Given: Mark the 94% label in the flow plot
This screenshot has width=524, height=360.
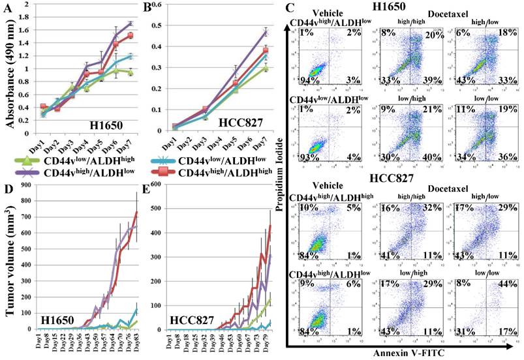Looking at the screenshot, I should click(x=302, y=80).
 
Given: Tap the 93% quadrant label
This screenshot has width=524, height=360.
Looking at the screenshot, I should click(x=302, y=158).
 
